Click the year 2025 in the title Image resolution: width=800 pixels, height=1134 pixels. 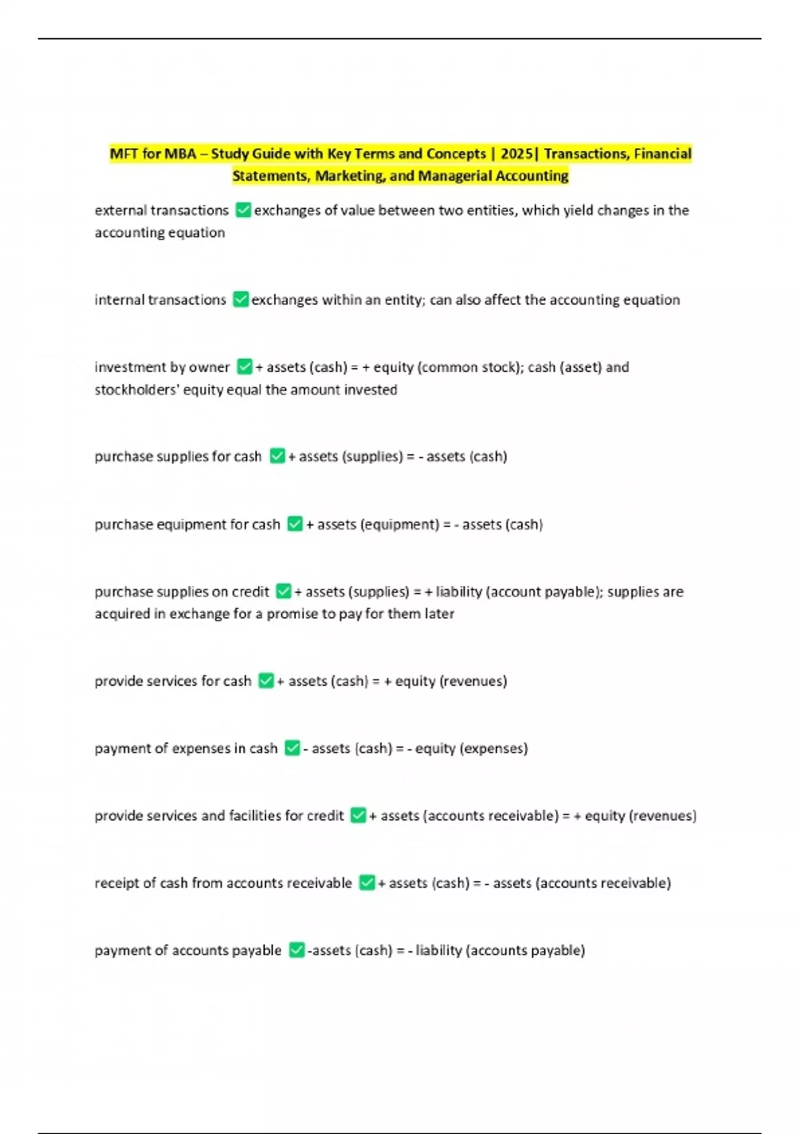pos(516,154)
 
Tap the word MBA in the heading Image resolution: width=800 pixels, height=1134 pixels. pos(180,154)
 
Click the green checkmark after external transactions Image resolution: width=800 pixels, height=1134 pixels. pos(243,210)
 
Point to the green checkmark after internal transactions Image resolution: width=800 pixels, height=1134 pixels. pos(241,300)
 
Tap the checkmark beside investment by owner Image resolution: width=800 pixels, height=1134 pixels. pos(245,367)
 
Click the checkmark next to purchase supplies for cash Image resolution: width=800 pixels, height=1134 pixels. pos(277,456)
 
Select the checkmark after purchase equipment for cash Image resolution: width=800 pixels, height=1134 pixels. pos(295,524)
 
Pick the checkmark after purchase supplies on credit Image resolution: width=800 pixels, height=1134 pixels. pos(283,592)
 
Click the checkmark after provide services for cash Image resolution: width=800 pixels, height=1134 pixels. pos(266,681)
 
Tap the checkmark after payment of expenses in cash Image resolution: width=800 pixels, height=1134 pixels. pos(292,748)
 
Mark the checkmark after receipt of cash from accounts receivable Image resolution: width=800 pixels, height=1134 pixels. pos(367,883)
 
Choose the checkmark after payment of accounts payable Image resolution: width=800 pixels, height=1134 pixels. pos(297,951)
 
